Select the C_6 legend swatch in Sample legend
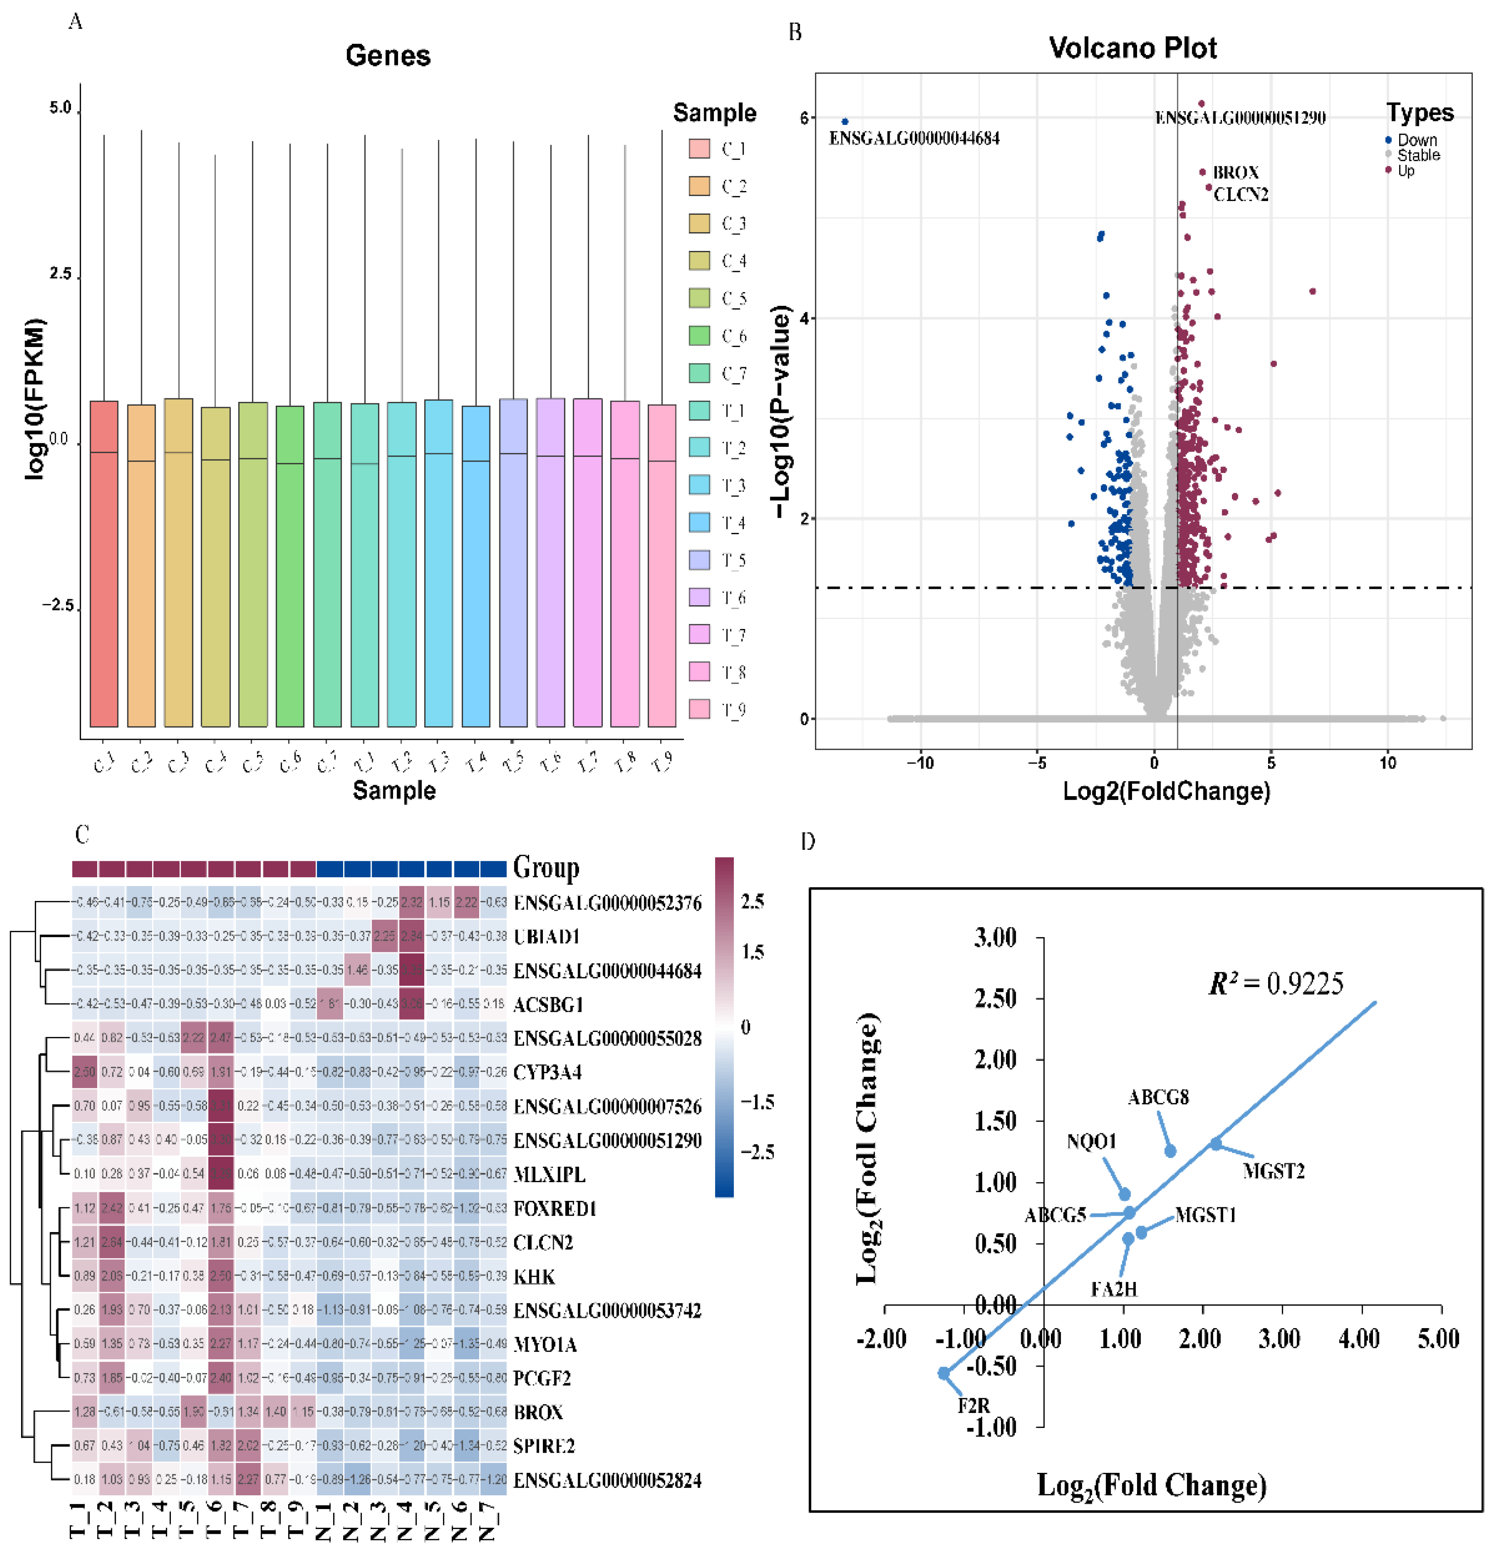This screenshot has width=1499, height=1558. [699, 336]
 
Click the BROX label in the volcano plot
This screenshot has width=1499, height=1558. [1235, 173]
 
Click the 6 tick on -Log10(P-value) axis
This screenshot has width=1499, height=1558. [804, 118]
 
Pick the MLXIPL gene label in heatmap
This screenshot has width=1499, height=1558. [549, 1174]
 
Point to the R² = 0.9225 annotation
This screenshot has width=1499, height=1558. [1275, 984]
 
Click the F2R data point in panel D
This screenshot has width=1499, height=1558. [944, 1373]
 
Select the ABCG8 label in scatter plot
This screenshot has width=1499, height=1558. [1158, 1098]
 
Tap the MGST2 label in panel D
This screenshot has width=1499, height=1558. [1273, 1171]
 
